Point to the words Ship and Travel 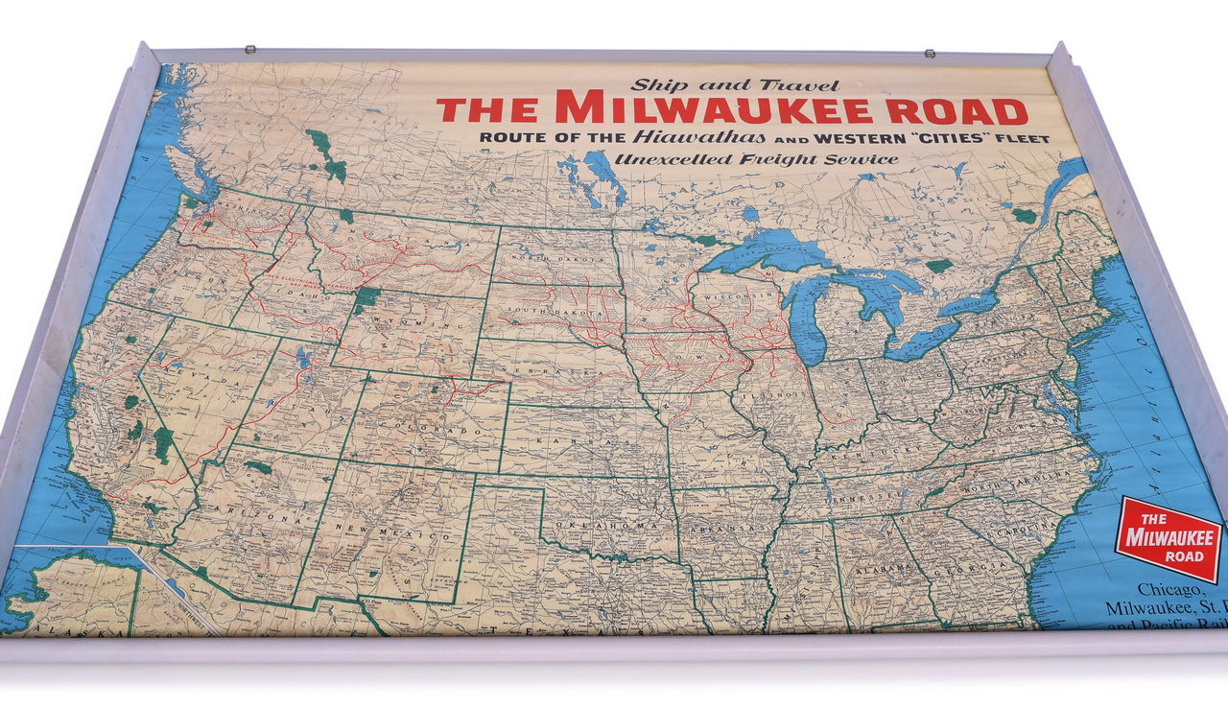(735, 85)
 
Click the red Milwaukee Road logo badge (1168, 538)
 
